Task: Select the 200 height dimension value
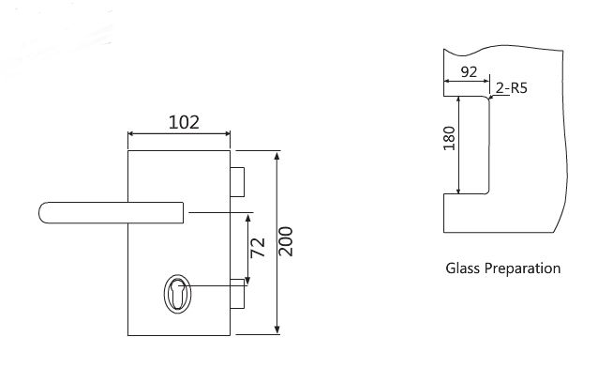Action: [287, 242]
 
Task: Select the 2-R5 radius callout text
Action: [513, 89]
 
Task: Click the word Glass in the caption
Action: [463, 268]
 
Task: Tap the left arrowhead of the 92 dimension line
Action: [446, 83]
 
